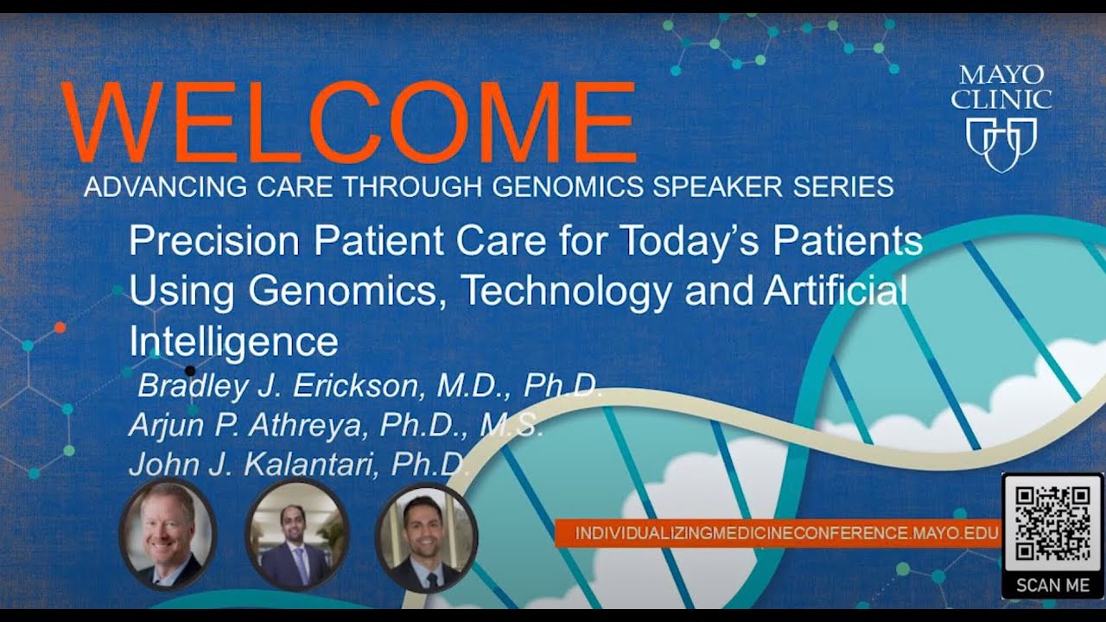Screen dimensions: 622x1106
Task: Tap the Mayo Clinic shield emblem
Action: point(1001,141)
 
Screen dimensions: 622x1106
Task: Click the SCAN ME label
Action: point(1052,585)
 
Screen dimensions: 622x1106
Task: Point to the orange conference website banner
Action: point(778,533)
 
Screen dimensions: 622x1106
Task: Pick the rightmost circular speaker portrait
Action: point(426,536)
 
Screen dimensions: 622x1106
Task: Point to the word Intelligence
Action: point(233,341)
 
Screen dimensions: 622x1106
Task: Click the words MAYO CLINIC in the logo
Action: point(1001,86)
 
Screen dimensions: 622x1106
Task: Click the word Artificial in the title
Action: point(835,291)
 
